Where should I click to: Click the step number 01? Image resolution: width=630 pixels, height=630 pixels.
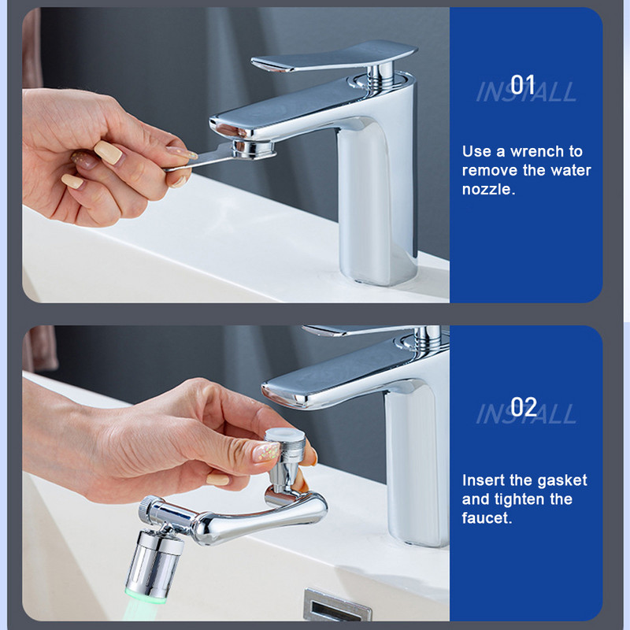point(522,85)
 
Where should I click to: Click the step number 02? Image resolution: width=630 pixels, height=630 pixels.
point(524,406)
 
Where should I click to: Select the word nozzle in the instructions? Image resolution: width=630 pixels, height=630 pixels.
point(488,189)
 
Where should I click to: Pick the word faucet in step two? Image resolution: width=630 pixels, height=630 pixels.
point(487,518)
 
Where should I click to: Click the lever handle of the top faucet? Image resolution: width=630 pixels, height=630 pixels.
point(333,56)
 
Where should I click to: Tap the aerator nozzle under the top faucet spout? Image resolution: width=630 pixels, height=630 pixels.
point(254,149)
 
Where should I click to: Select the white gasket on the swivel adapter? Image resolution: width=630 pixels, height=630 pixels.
point(285,435)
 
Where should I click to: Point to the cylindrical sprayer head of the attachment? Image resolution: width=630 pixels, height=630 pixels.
point(154,565)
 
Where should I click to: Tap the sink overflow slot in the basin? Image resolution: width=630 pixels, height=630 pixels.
point(337,606)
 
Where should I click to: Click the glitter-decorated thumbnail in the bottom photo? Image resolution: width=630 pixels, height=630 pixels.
point(266,451)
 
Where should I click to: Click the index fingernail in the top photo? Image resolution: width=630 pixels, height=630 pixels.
point(109,152)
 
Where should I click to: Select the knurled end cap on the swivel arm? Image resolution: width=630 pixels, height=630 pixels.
point(147,510)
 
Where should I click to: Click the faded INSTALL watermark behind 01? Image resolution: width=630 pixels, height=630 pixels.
point(526,91)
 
